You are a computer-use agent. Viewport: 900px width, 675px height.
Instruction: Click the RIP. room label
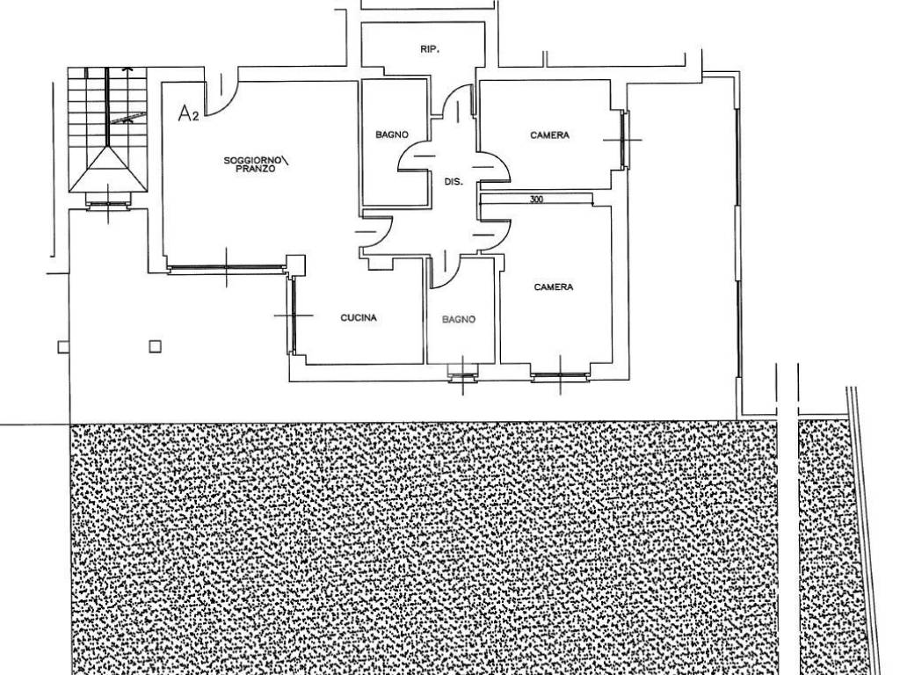430,50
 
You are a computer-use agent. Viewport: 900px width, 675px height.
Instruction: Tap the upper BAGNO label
392,134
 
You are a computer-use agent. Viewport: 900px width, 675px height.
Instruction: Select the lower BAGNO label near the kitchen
458,320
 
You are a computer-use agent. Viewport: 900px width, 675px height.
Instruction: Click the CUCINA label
359,317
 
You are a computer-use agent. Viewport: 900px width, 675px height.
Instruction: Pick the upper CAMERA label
549,135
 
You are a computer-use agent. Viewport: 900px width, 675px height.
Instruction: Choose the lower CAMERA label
554,287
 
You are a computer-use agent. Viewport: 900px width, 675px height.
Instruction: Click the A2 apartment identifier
188,113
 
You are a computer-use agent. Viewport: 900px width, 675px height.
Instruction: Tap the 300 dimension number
536,200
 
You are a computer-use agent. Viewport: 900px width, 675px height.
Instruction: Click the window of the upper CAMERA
623,140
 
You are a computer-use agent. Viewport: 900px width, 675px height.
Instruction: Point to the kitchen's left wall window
292,315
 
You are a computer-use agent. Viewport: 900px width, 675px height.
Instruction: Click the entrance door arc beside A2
221,94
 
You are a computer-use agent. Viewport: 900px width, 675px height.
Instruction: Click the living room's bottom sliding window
227,269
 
